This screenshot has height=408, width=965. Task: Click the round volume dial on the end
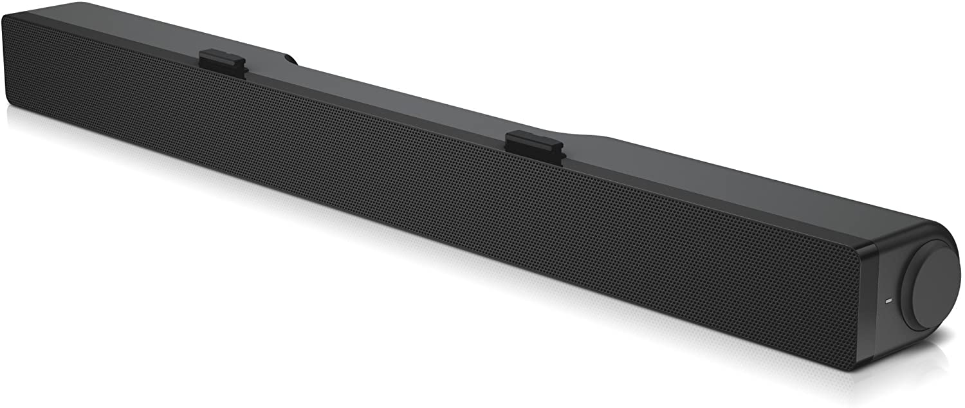[932, 289]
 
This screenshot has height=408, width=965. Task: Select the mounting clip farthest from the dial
[223, 59]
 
